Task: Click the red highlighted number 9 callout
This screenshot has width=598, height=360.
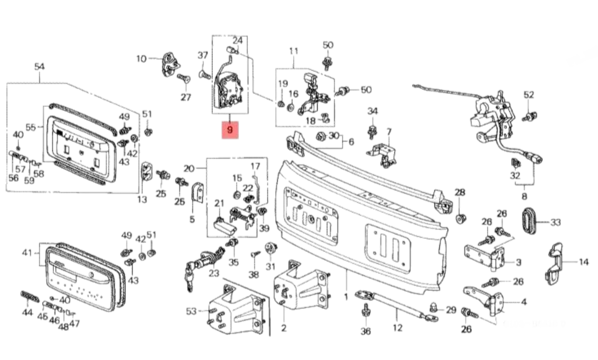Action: (230, 130)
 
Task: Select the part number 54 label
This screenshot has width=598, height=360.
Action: (39, 66)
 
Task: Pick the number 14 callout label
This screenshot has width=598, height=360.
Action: (583, 262)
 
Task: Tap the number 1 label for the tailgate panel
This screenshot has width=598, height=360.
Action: (346, 296)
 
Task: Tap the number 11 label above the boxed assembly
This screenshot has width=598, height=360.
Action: (294, 51)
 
